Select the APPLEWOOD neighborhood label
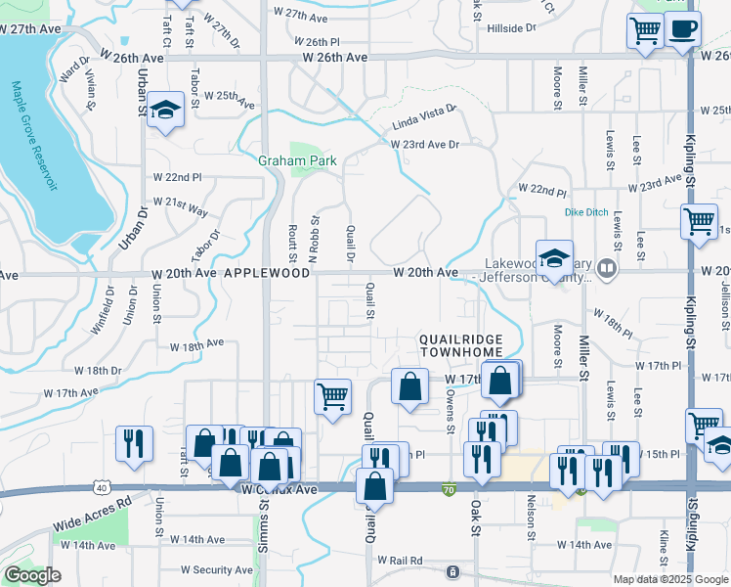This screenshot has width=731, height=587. [x=267, y=275]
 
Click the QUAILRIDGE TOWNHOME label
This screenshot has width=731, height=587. [x=460, y=344]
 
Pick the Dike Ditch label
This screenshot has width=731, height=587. [x=587, y=211]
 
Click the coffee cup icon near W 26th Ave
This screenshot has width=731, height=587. [x=683, y=29]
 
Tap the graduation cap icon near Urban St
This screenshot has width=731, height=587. [x=166, y=112]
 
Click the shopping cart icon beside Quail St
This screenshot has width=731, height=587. [x=332, y=396]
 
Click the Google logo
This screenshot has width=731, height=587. [x=33, y=575]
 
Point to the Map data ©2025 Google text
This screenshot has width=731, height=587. [x=670, y=579]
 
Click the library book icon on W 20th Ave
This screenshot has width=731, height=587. [x=607, y=267]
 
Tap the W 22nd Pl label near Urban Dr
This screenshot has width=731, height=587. [x=177, y=177]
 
